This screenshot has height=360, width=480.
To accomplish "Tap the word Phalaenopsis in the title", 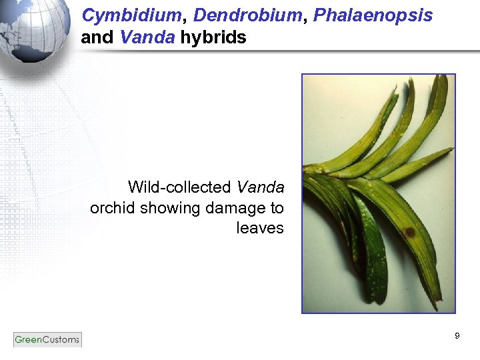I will (369, 15).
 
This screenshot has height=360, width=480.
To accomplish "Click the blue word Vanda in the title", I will (148, 37).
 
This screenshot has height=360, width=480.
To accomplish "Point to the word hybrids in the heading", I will (213, 37).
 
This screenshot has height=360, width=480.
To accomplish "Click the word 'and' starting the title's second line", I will (97, 37).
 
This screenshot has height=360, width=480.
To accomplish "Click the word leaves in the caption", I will (260, 229).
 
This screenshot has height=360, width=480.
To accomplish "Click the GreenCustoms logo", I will (47, 339).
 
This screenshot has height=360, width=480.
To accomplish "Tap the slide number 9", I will (457, 336).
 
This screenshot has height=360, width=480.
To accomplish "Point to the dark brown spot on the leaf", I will (409, 233).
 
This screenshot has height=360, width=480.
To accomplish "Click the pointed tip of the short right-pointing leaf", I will (451, 151).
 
